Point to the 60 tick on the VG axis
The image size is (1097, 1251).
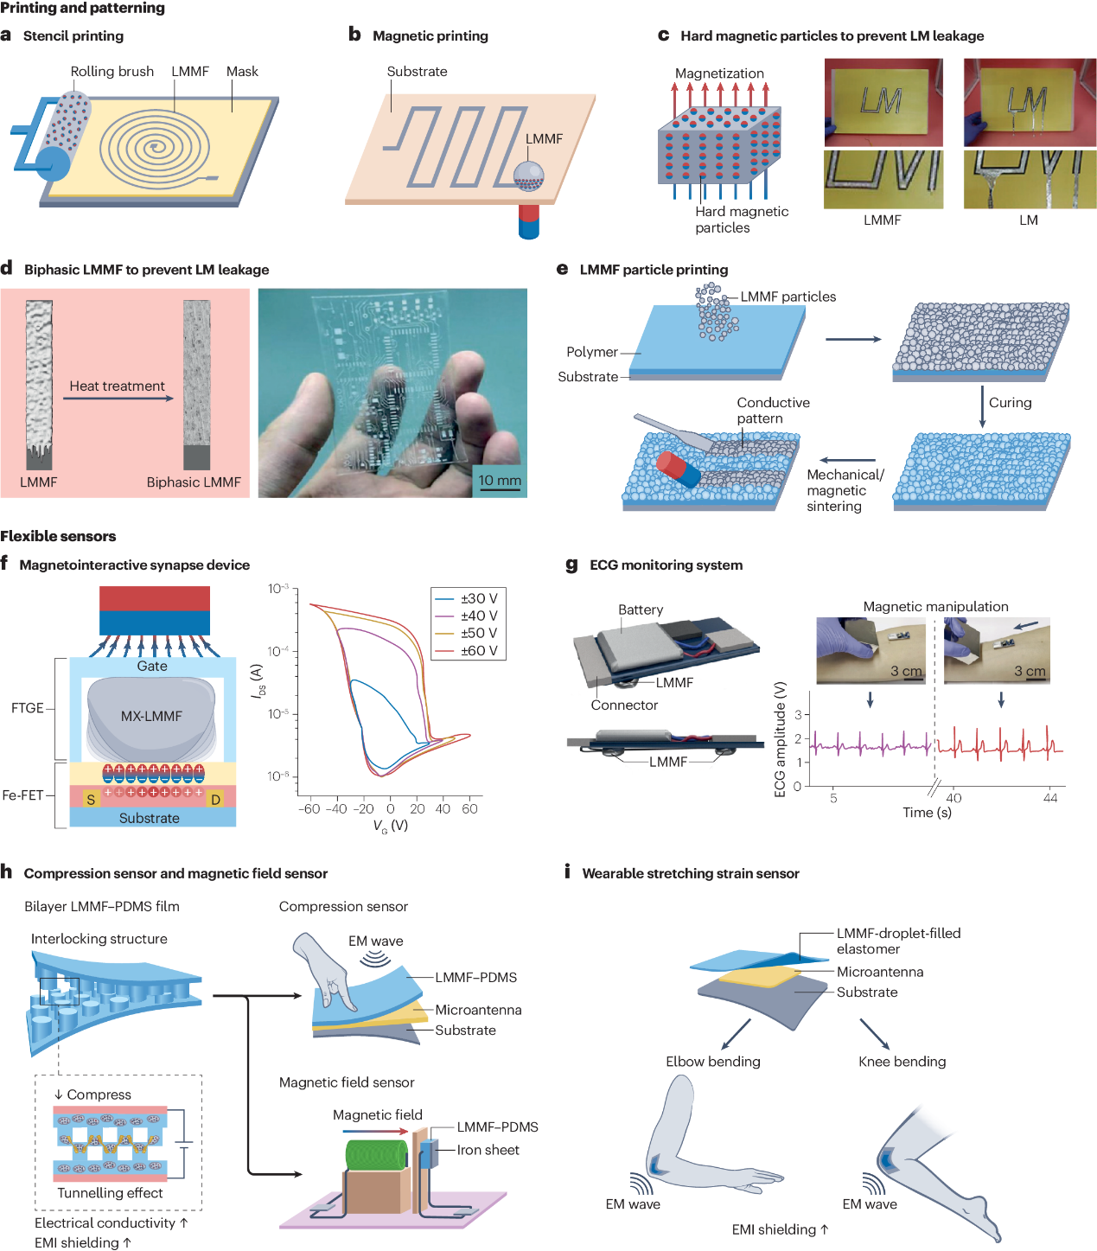469,809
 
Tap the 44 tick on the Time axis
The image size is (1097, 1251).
1050,798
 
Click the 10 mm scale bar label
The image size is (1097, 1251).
500,481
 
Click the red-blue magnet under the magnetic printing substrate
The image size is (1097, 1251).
528,220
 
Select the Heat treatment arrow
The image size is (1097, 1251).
118,399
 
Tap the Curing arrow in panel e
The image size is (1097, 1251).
982,406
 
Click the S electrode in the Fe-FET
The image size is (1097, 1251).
91,800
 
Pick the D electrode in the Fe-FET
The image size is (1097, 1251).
215,800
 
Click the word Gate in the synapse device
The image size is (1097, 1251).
152,666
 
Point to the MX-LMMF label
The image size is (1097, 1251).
151,716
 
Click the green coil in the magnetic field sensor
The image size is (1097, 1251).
376,1155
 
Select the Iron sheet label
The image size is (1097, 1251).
488,1150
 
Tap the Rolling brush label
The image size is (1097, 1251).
112,72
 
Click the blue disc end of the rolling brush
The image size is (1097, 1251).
54,163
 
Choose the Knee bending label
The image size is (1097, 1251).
902,1062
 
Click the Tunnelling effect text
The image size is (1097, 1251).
110,1193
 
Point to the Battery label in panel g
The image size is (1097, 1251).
641,610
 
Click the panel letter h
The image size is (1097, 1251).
7,872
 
